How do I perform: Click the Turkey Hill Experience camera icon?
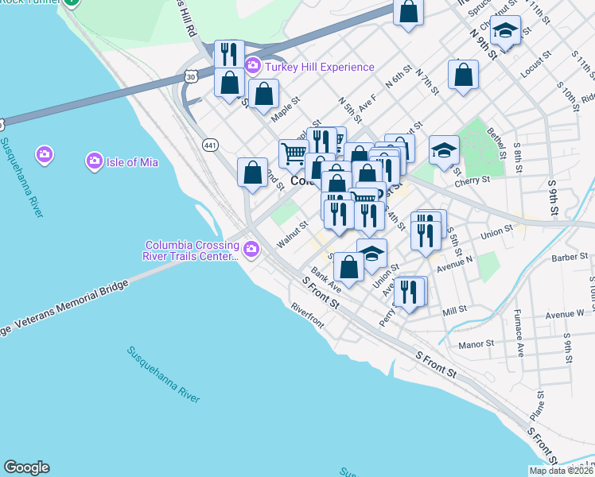click(253, 66)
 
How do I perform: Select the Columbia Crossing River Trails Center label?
click(191, 250)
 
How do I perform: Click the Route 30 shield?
click(189, 76)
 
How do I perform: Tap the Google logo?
click(26, 467)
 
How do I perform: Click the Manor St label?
click(477, 344)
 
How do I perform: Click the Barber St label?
click(570, 257)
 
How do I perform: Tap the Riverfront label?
click(307, 315)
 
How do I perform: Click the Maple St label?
click(284, 108)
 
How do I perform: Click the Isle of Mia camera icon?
click(45, 153)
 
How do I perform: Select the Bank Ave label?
click(326, 278)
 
